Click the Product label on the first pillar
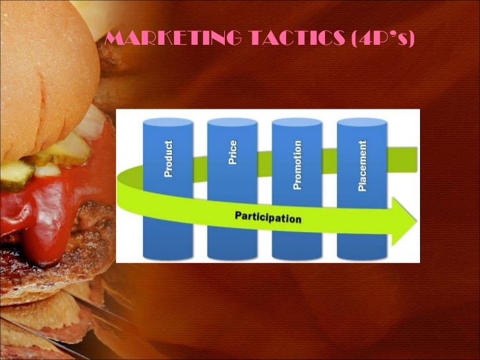point(169,158)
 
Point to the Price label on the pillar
point(232,152)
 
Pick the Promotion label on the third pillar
point(297,165)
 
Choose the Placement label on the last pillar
point(362,165)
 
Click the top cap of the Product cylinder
point(169,123)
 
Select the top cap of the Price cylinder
point(232,123)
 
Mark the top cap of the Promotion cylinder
point(297,123)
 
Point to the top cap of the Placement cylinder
point(361,123)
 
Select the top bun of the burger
point(46,66)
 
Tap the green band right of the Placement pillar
point(402,158)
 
